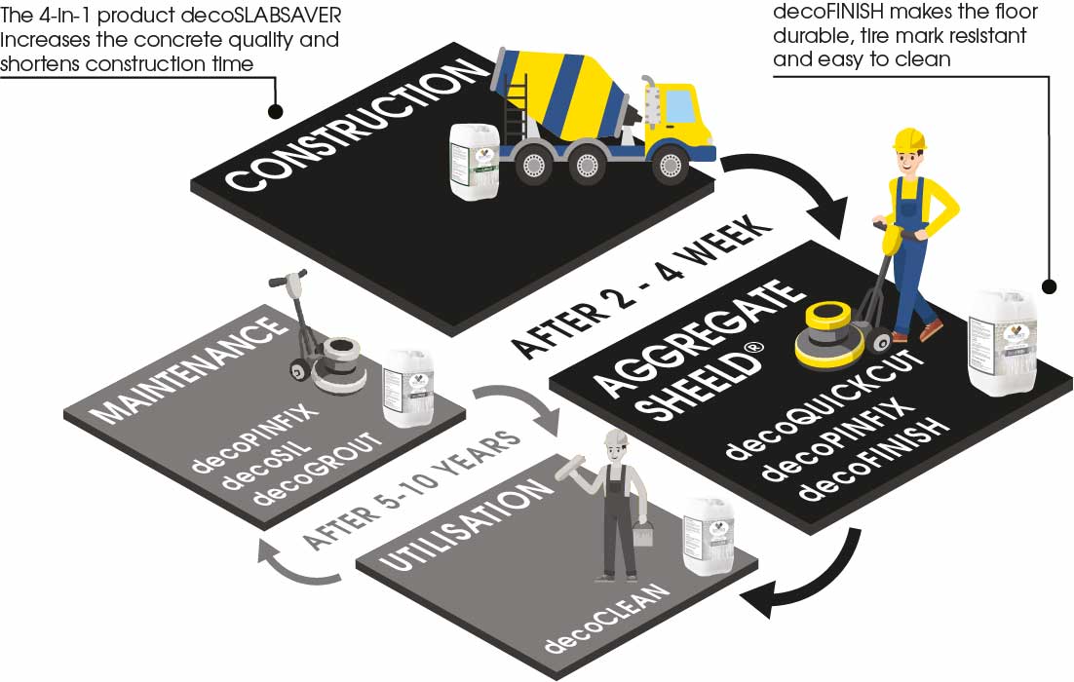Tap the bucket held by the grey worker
[642, 533]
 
